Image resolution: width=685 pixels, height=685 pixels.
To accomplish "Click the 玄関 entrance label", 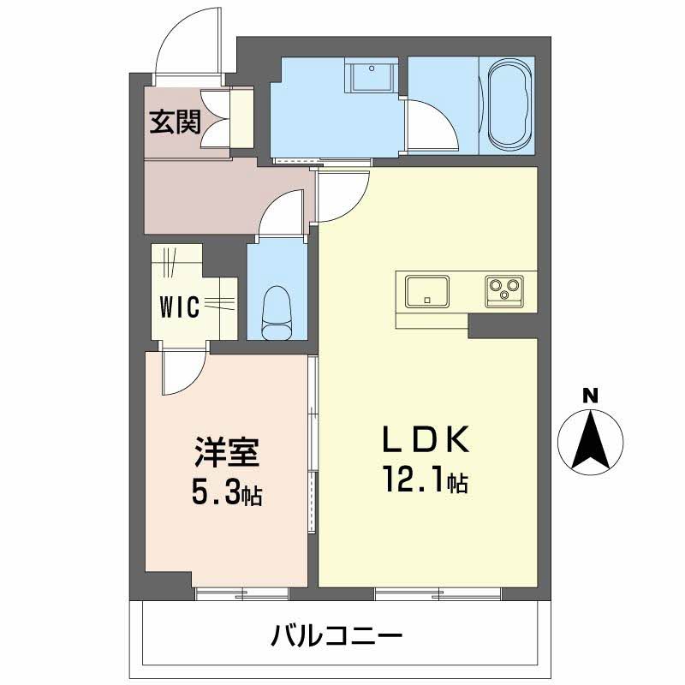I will pyautogui.click(x=176, y=123).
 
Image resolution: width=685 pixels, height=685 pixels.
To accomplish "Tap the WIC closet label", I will pyautogui.click(x=181, y=305).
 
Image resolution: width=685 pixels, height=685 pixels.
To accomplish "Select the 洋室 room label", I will pyautogui.click(x=226, y=451).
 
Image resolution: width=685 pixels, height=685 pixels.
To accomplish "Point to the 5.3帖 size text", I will pyautogui.click(x=226, y=492).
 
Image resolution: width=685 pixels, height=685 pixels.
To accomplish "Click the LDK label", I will pyautogui.click(x=426, y=441).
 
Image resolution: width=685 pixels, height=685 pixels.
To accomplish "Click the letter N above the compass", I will pyautogui.click(x=590, y=396).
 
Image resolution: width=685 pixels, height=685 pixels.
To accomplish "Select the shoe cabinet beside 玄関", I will pyautogui.click(x=241, y=118).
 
